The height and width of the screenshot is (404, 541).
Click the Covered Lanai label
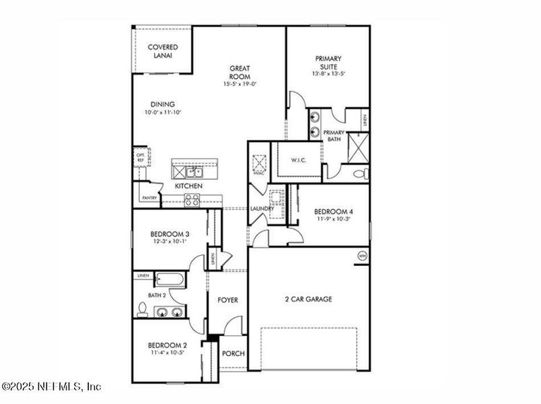[x=163, y=51]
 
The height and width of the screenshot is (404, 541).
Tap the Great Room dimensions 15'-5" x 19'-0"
[x=240, y=84]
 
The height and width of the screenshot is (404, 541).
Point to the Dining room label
[x=162, y=104]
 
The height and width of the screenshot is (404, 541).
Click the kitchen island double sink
[x=195, y=172]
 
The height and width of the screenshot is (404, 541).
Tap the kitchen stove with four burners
[x=192, y=199]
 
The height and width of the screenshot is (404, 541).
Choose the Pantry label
[x=149, y=198]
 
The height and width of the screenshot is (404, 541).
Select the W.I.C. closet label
[x=299, y=160]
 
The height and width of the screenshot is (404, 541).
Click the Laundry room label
[x=261, y=209]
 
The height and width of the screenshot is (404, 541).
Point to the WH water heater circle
[x=362, y=256]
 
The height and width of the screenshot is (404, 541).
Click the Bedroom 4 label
[x=334, y=211]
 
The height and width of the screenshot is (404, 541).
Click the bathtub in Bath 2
[x=172, y=278]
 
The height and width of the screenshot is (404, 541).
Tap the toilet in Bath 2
[x=143, y=310]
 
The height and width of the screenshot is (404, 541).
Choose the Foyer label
[x=227, y=300]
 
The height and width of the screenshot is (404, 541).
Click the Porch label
[x=233, y=353]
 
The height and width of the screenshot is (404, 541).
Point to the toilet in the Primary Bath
[x=361, y=174]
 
